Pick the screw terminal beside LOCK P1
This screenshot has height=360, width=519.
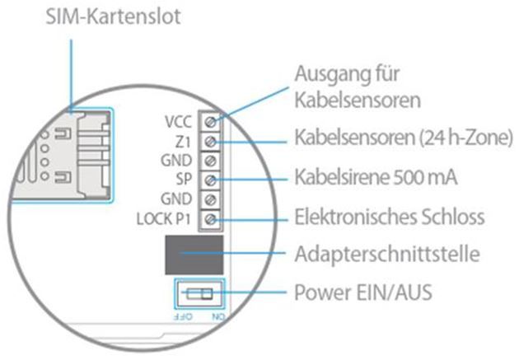pyautogui.click(x=212, y=218)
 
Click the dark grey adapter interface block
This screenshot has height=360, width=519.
pyautogui.click(x=195, y=255)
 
